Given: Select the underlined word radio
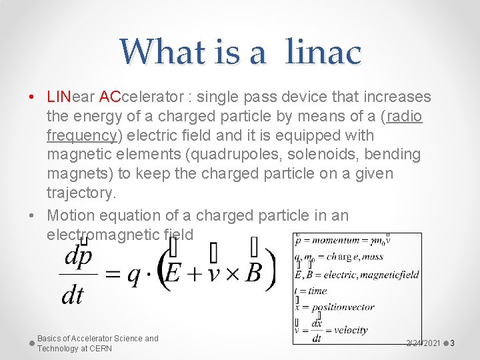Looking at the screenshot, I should click(x=404, y=117).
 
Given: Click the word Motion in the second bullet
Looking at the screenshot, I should click(x=71, y=215).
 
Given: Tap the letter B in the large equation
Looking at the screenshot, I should click(x=253, y=272).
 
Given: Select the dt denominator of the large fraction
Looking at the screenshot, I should click(x=72, y=295).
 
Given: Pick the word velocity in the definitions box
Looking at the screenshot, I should click(x=351, y=330).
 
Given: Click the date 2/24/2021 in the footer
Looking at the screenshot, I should click(x=423, y=343).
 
